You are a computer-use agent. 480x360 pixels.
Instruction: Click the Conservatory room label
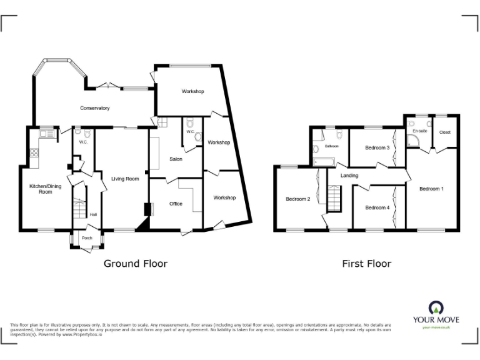94,108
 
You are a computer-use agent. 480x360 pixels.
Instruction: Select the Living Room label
125,179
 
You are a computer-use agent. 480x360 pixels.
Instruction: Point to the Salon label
176,159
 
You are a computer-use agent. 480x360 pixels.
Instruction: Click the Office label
176,204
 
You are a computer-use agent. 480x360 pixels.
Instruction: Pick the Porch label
87,237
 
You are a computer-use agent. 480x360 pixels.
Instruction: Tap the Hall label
93,214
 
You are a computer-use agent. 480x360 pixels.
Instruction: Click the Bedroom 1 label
431,188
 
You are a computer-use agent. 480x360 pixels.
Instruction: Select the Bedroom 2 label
297,199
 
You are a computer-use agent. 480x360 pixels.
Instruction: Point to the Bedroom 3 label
377,147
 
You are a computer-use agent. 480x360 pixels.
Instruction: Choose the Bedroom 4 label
377,207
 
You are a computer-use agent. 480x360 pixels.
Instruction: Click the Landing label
349,176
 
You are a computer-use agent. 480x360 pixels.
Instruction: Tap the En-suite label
419,131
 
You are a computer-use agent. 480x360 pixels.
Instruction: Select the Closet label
445,132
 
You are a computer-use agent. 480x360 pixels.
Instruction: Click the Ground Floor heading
135,264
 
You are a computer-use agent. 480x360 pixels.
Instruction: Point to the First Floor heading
366,264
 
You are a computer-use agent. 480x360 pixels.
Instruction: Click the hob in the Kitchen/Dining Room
34,151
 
